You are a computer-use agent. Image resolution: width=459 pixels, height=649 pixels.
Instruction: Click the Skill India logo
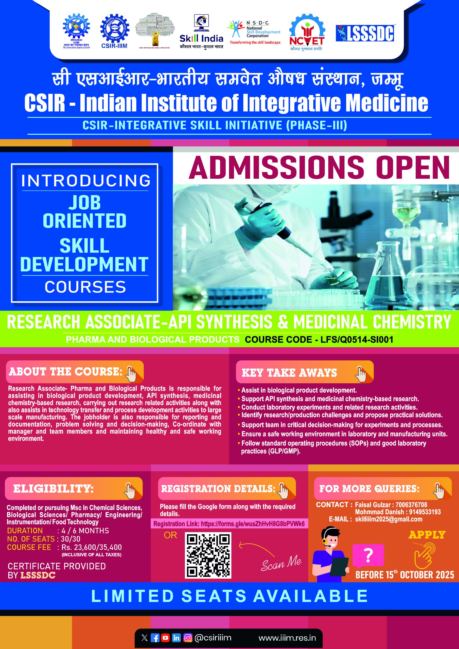coord(201,31)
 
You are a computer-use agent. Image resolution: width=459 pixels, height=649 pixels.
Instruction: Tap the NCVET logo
coord(307,32)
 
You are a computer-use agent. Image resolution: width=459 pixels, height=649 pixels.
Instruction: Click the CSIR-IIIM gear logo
coord(114,31)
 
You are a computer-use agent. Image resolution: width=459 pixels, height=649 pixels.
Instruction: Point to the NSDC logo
coord(255,32)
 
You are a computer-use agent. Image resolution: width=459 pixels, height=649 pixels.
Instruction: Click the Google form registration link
coord(229,524)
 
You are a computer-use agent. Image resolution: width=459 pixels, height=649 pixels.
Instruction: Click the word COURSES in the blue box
coord(85,287)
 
